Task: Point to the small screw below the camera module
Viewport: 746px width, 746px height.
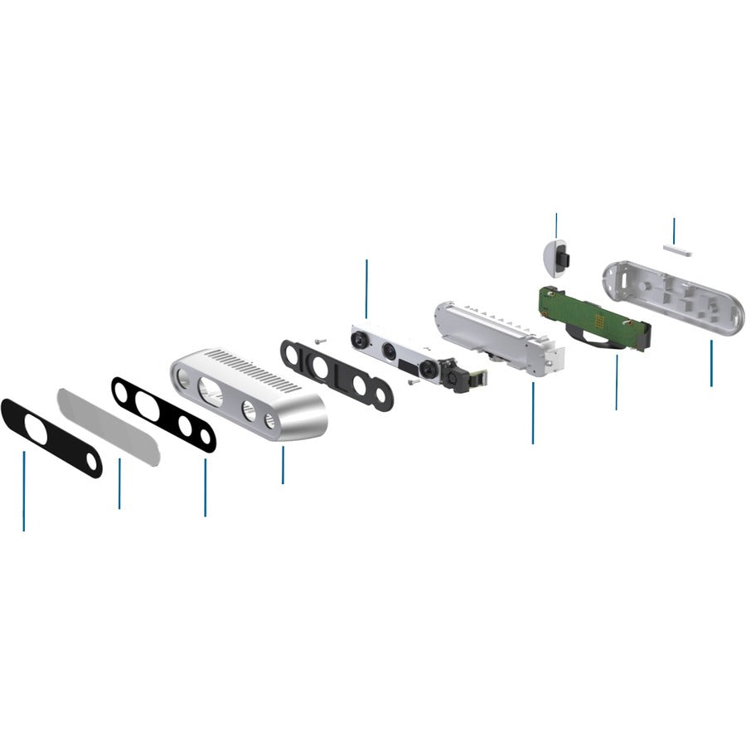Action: (x=412, y=382)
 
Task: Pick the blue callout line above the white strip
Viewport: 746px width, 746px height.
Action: (x=674, y=230)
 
